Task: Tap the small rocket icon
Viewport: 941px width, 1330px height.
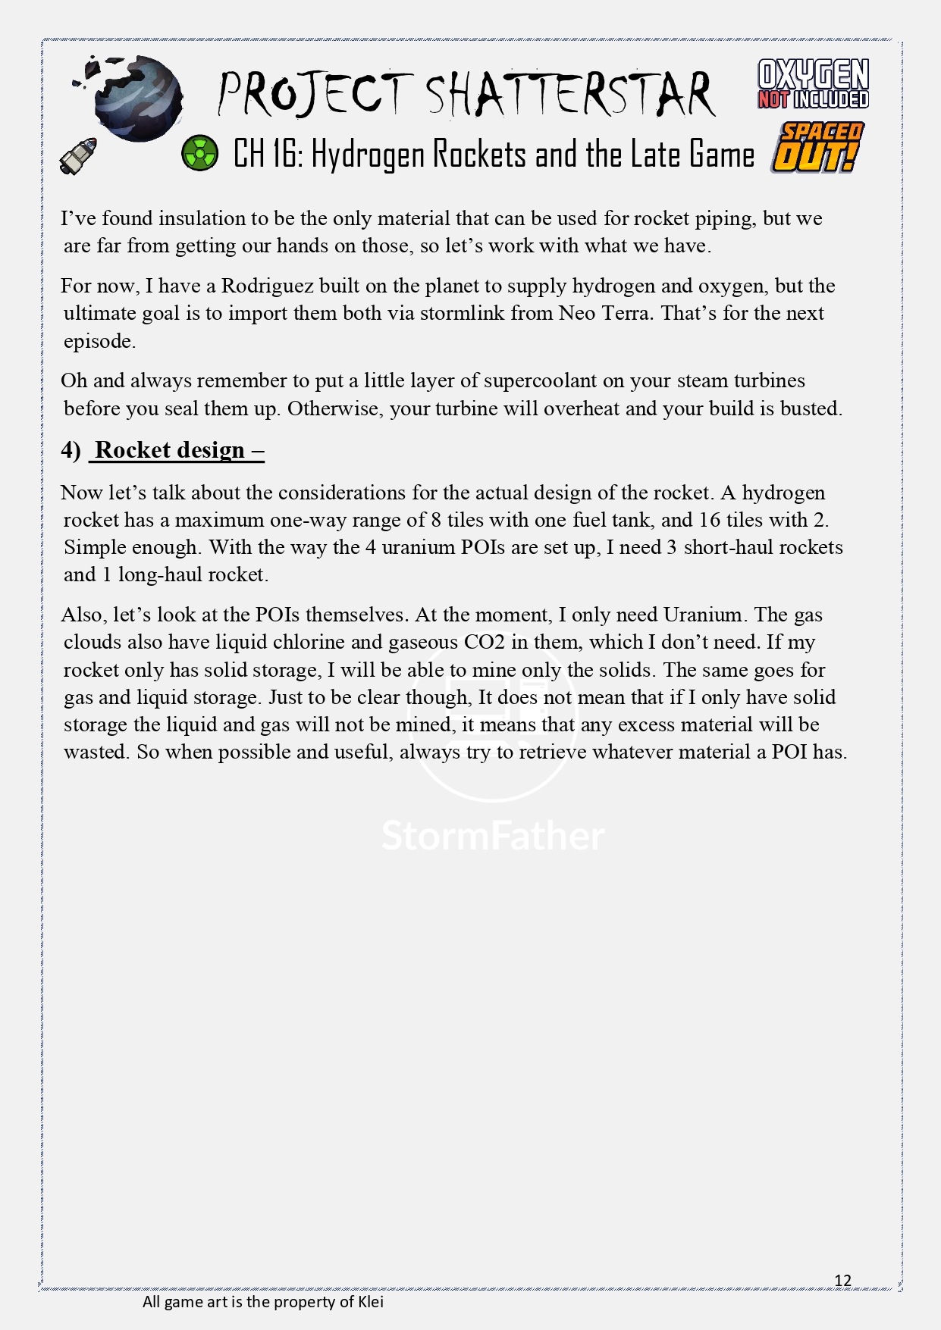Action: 79,155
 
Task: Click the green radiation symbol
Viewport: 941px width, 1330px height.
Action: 199,153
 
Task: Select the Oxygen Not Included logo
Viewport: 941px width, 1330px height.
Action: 813,84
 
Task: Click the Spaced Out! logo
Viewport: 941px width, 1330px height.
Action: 817,148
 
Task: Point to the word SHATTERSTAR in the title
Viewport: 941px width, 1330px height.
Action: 570,95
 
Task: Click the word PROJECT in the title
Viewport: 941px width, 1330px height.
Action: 314,95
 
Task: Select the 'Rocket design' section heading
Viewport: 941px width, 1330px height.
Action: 170,450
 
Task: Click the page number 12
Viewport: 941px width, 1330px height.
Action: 842,1281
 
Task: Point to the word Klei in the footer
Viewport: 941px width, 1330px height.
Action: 370,1302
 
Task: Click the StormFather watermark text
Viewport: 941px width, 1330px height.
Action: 493,835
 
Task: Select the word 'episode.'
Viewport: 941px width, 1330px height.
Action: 99,341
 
